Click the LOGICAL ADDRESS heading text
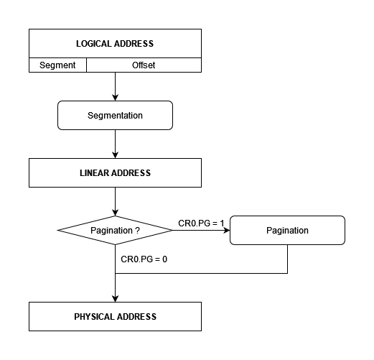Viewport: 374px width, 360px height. click(115, 44)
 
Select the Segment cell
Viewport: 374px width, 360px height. click(57, 65)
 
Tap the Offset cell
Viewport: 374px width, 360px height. click(144, 65)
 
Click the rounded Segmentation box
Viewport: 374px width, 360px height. click(115, 115)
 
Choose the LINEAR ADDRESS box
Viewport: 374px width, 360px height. click(115, 172)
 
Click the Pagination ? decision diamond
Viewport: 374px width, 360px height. click(115, 230)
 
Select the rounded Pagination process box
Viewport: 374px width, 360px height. click(287, 230)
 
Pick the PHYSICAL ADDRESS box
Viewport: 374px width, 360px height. click(115, 316)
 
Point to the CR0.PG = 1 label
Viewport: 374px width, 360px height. click(201, 223)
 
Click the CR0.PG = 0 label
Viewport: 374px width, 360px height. click(144, 259)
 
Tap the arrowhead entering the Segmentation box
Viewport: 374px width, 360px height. click(115, 98)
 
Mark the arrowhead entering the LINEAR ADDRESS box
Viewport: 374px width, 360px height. click(115, 155)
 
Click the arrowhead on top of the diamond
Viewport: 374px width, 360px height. click(115, 213)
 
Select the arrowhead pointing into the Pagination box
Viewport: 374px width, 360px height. click(227, 230)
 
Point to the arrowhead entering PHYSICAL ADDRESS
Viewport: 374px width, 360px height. click(115, 299)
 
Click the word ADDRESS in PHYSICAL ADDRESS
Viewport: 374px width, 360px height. click(136, 317)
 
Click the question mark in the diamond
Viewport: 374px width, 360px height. click(137, 231)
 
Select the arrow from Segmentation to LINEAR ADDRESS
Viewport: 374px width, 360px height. click(115, 144)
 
